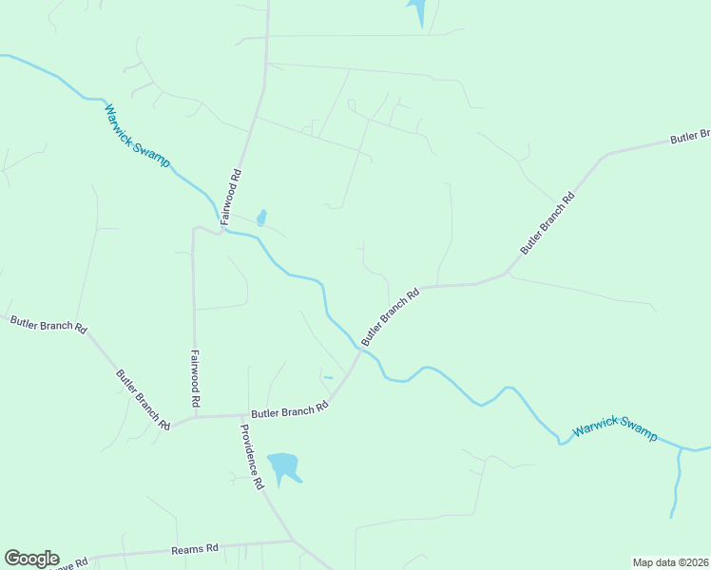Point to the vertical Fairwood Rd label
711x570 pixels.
[x=195, y=378]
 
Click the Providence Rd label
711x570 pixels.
[x=251, y=455]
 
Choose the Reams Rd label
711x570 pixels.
[x=195, y=548]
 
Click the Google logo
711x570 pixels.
[x=31, y=559]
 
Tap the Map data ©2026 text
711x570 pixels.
[x=670, y=562]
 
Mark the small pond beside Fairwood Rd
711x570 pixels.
[x=261, y=218]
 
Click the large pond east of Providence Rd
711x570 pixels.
[x=283, y=465]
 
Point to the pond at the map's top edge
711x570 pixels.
[x=417, y=10]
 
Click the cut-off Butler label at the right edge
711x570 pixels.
[x=690, y=137]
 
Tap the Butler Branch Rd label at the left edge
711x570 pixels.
[x=48, y=324]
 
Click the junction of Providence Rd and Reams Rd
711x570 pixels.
[x=292, y=541]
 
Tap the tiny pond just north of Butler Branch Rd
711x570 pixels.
[x=328, y=378]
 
